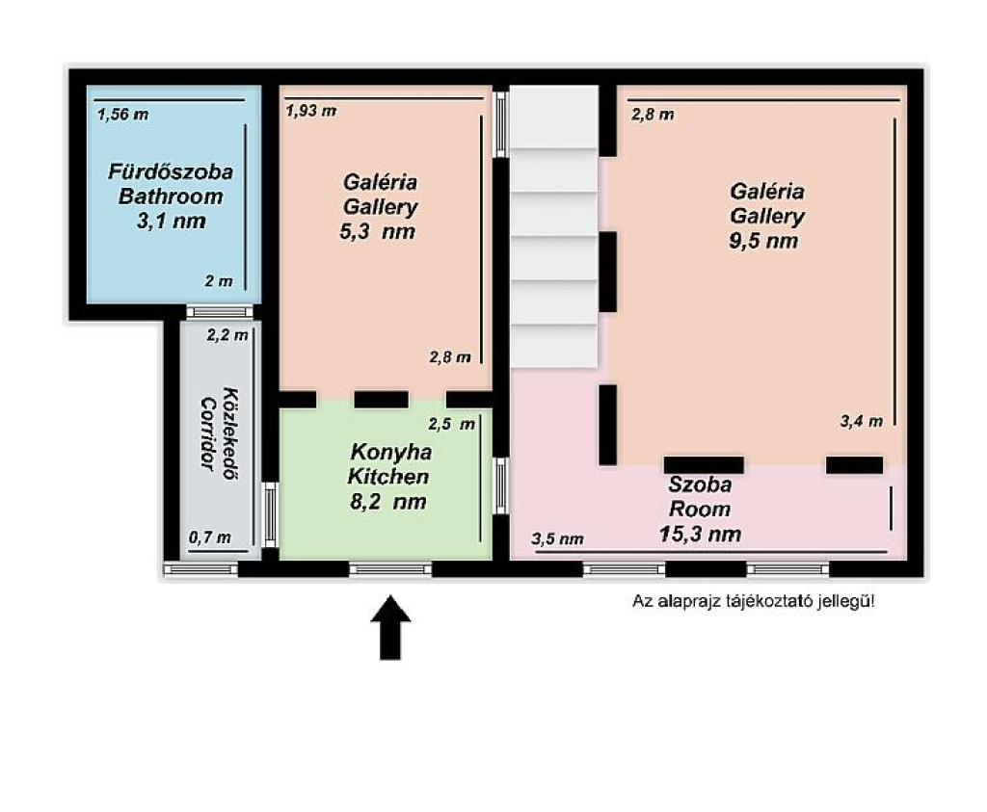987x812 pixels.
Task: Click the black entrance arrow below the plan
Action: (x=390, y=627)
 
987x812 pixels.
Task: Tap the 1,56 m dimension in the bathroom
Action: (x=122, y=115)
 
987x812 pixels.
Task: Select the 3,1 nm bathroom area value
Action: (x=172, y=221)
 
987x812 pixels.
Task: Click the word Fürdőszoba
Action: (x=171, y=171)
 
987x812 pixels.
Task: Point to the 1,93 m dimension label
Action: (x=311, y=112)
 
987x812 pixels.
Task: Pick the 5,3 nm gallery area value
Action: (x=378, y=231)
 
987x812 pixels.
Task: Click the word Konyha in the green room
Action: (x=391, y=452)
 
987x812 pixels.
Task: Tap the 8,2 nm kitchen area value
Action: (x=387, y=502)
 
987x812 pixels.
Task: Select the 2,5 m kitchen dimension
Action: (x=451, y=425)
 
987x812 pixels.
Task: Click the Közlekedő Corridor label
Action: (x=220, y=433)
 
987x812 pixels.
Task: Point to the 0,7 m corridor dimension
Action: (x=209, y=537)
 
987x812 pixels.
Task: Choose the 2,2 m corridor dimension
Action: (x=227, y=336)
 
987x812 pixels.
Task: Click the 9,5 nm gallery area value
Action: (x=763, y=241)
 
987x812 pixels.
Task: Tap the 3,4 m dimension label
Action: (x=861, y=421)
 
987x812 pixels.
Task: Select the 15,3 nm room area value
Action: (x=700, y=534)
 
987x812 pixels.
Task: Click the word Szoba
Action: (x=700, y=485)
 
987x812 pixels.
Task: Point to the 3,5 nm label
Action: (x=557, y=539)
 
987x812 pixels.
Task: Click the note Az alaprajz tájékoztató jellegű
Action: (x=754, y=601)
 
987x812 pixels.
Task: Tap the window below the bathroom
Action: (x=220, y=312)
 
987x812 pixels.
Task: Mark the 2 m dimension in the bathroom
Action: (x=219, y=282)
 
